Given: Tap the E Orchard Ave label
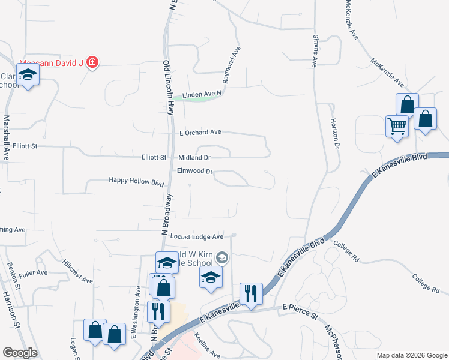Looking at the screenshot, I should (200, 132).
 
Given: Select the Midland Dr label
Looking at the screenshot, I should (194, 158).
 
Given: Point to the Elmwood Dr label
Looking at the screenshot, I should (195, 171).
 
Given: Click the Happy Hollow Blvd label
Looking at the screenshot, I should (136, 181).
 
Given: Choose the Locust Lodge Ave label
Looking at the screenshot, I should (196, 236).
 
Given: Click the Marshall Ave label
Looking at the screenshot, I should (7, 137).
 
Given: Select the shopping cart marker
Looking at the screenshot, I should (396, 127).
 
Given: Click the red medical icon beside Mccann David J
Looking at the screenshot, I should (92, 62).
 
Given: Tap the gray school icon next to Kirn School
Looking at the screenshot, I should (222, 257).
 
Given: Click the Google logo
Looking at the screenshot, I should (20, 353).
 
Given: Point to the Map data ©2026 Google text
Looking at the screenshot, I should (411, 355).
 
